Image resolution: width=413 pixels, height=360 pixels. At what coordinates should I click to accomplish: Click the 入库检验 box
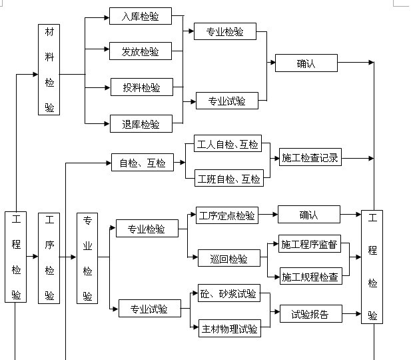[141, 17]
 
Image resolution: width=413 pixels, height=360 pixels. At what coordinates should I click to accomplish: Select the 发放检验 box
[141, 51]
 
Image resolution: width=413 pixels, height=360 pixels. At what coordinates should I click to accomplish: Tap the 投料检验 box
[141, 87]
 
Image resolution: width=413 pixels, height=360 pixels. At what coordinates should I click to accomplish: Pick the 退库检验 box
[141, 123]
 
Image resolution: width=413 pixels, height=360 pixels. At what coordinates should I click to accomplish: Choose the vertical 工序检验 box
[49, 257]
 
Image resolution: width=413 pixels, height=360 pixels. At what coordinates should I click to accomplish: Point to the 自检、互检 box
[142, 162]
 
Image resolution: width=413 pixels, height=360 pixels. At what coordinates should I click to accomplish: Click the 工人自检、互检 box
[228, 144]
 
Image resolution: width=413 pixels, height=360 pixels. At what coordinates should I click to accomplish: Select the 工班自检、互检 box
[228, 178]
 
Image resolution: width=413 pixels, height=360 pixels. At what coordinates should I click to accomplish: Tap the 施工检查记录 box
[310, 159]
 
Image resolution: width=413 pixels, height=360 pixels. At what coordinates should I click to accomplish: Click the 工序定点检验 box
[227, 215]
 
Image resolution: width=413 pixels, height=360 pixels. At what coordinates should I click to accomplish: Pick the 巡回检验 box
[228, 259]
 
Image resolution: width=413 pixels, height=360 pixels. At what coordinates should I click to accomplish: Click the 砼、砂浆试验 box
[228, 293]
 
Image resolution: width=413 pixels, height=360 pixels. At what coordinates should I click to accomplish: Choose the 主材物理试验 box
[228, 328]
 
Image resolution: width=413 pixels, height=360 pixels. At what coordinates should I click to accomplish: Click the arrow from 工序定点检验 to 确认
[268, 215]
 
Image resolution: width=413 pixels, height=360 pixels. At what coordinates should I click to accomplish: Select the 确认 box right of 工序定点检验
[309, 215]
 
